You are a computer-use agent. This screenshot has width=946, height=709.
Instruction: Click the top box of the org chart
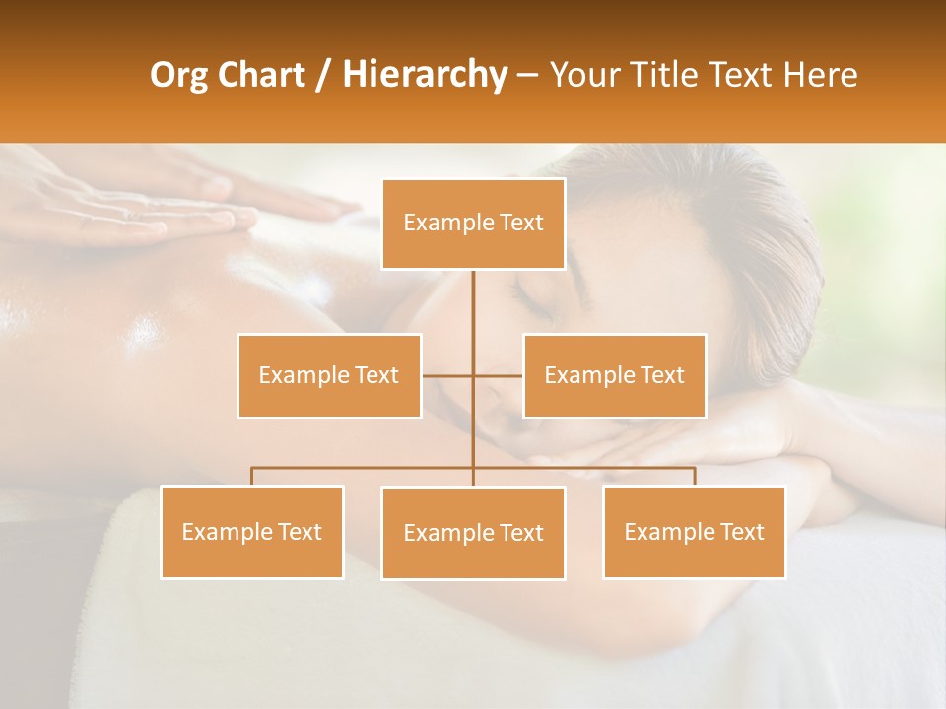pyautogui.click(x=473, y=224)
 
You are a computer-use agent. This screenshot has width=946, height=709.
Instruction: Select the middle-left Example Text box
pyautogui.click(x=329, y=375)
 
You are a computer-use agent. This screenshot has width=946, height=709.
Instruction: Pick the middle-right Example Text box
pyautogui.click(x=614, y=375)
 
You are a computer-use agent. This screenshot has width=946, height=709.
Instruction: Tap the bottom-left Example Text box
pyautogui.click(x=252, y=532)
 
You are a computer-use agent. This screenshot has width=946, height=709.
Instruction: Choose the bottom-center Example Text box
pyautogui.click(x=473, y=533)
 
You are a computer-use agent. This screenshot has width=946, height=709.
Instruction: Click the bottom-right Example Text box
pyautogui.click(x=694, y=532)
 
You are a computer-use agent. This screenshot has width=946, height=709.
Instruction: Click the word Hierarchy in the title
pyautogui.click(x=425, y=75)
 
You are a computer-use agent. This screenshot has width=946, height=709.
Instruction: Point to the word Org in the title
pyautogui.click(x=178, y=75)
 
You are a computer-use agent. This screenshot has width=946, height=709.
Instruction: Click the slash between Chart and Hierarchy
pyautogui.click(x=322, y=75)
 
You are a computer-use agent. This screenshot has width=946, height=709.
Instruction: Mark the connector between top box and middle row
pyautogui.click(x=473, y=315)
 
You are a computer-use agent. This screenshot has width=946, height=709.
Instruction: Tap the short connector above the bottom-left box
pyautogui.click(x=252, y=477)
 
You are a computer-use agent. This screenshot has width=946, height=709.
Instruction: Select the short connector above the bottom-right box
pyautogui.click(x=694, y=477)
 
